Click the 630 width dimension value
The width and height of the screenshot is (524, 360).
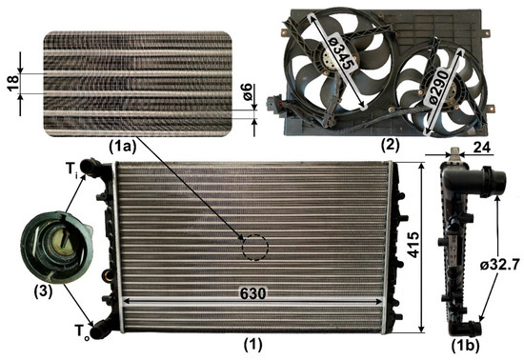click(x=253, y=293)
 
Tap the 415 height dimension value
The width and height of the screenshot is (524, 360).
click(x=413, y=245)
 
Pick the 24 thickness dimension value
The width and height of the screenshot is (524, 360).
click(x=481, y=148)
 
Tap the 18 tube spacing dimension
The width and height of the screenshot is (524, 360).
click(x=13, y=84)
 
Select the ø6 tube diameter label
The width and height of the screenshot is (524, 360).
click(x=247, y=92)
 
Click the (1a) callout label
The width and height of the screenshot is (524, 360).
click(x=123, y=147)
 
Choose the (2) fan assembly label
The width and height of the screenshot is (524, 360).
click(x=390, y=145)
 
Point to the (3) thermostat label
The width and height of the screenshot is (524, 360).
click(x=43, y=292)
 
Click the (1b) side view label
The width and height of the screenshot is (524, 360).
click(x=465, y=347)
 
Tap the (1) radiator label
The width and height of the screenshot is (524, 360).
click(x=253, y=345)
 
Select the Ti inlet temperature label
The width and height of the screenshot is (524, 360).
click(x=71, y=170)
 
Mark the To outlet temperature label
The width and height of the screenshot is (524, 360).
click(x=82, y=331)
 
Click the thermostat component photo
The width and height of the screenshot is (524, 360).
click(x=56, y=248)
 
